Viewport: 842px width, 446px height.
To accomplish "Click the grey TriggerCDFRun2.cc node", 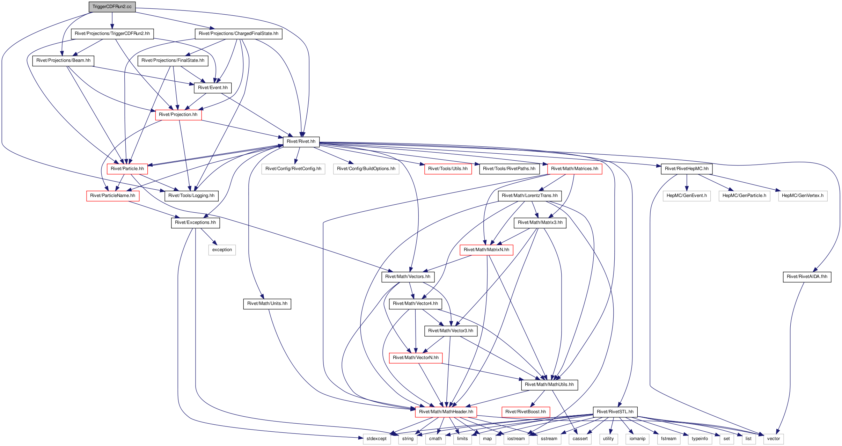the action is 112,7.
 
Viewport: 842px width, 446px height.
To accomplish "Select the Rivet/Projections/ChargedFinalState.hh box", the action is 239,34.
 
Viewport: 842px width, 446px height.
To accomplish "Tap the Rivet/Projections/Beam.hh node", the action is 63,60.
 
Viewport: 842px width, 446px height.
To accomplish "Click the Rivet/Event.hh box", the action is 213,88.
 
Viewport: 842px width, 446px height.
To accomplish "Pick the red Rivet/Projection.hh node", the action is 178,115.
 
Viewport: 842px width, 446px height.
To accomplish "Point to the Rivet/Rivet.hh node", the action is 301,141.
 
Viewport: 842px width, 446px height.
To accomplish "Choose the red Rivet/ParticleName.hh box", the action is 112,196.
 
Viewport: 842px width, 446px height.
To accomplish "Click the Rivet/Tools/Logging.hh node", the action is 191,196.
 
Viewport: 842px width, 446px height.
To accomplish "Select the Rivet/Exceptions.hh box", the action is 195,222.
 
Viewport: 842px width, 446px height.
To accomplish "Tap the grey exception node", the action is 222,250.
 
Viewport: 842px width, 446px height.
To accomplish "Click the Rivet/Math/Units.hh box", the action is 267,304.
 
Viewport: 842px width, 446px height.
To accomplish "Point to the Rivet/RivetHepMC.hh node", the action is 687,169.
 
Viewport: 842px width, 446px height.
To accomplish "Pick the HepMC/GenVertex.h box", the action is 803,196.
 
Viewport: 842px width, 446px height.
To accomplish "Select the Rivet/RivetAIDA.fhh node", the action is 807,277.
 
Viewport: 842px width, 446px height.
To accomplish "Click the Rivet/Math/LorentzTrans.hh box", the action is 530,196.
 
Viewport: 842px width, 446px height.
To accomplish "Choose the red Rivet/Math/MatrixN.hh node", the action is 486,250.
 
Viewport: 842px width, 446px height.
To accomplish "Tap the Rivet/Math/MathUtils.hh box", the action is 549,385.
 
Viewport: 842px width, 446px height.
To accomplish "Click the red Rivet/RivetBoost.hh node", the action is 526,412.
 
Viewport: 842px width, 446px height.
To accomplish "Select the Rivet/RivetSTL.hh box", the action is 615,412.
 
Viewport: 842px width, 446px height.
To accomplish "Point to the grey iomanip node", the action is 637,439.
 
